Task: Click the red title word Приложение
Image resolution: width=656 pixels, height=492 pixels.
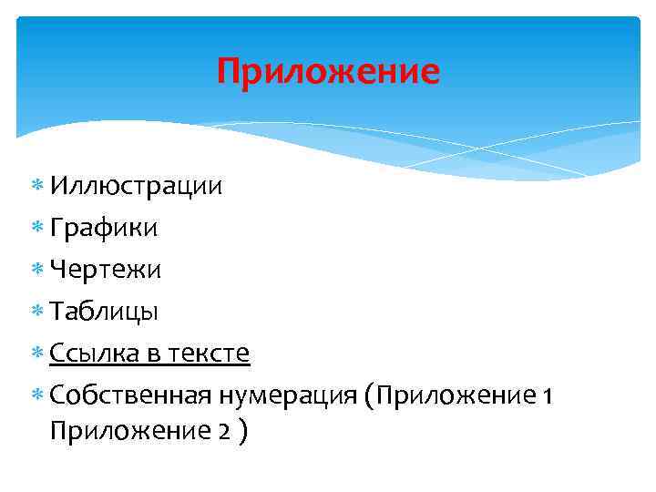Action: (x=328, y=71)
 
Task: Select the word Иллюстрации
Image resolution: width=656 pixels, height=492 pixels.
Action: (x=137, y=187)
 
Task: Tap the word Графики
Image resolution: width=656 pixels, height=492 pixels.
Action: (x=104, y=229)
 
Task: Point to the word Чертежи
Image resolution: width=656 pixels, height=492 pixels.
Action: (x=106, y=270)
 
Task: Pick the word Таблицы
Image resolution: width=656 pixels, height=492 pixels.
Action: (x=105, y=312)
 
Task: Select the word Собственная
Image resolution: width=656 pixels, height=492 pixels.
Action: (x=131, y=395)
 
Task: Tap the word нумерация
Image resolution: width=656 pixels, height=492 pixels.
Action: (x=286, y=395)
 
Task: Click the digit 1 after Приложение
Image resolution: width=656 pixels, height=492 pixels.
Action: (x=546, y=396)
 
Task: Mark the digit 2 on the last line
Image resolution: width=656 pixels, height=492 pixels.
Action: (x=223, y=431)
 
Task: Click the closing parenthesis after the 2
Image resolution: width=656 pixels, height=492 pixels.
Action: (x=241, y=431)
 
